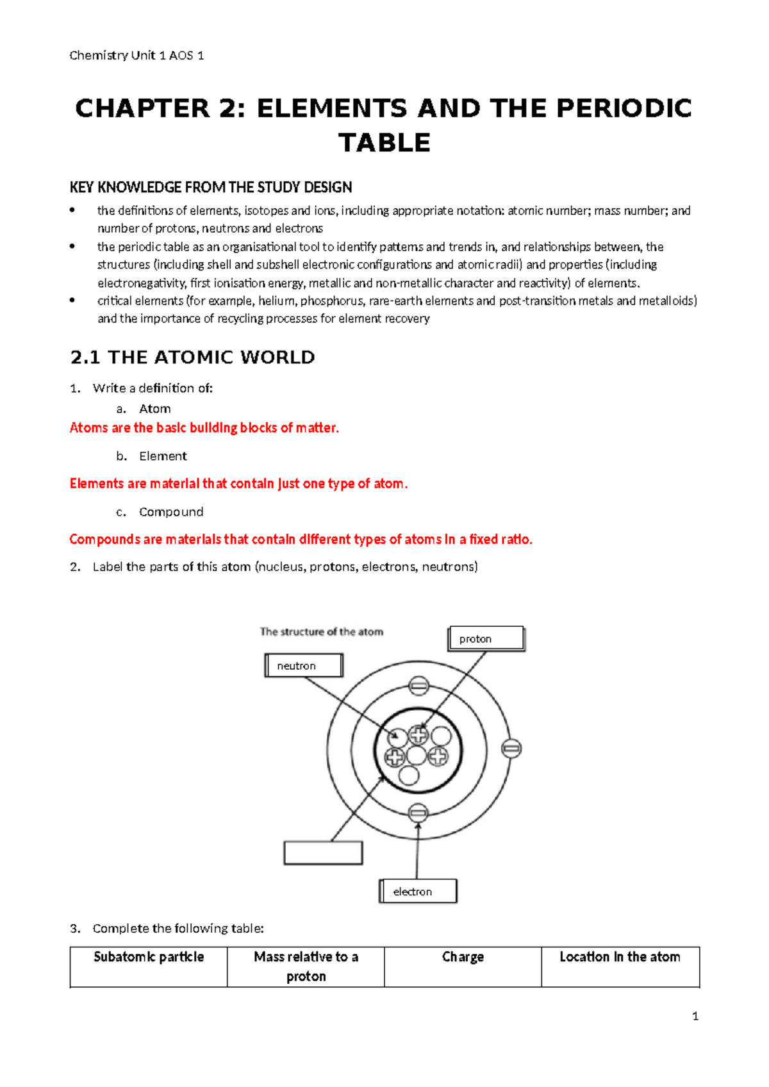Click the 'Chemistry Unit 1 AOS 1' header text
pos(136,56)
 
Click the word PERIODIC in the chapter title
pos(624,108)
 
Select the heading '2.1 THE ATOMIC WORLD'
pos(192,357)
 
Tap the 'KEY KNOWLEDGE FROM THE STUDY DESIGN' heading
pos(211,187)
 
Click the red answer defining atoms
pos(204,427)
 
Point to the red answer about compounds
pos(301,539)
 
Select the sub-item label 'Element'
pos(163,456)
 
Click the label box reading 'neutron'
pos(304,665)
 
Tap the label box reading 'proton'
pos(486,638)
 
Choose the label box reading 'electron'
pos(418,891)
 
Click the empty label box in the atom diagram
pos(323,853)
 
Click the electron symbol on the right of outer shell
pos(511,748)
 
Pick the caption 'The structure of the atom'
pos(322,631)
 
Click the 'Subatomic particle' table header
pos(149,957)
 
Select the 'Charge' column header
pos(463,957)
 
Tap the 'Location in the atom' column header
pos(620,957)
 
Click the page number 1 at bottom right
pos(695,1016)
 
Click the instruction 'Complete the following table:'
pos(178,928)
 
